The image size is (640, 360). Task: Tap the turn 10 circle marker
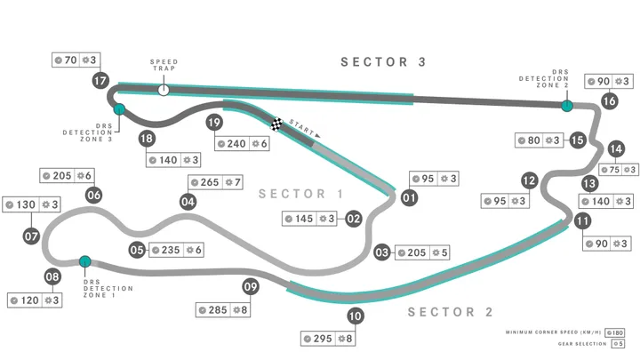pyautogui.click(x=356, y=315)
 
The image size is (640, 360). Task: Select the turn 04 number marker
pyautogui.click(x=188, y=202)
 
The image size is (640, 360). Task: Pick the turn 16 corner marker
pyautogui.click(x=609, y=100)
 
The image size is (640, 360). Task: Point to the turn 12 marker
pyautogui.click(x=530, y=180)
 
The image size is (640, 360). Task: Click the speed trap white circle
pyautogui.click(x=163, y=89)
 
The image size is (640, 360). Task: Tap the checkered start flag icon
pyautogui.click(x=278, y=124)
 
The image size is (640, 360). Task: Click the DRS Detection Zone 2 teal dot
pyautogui.click(x=566, y=106)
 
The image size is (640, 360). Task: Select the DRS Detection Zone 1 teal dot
pyautogui.click(x=85, y=261)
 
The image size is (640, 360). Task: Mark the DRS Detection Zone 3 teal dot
pyautogui.click(x=118, y=109)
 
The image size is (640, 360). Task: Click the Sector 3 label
pyautogui.click(x=384, y=62)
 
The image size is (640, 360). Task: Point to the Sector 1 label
pyautogui.click(x=300, y=194)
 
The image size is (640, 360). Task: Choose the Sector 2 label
pyautogui.click(x=450, y=312)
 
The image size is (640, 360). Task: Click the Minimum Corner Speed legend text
pyautogui.click(x=554, y=332)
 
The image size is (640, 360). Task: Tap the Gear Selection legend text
pyautogui.click(x=580, y=343)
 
